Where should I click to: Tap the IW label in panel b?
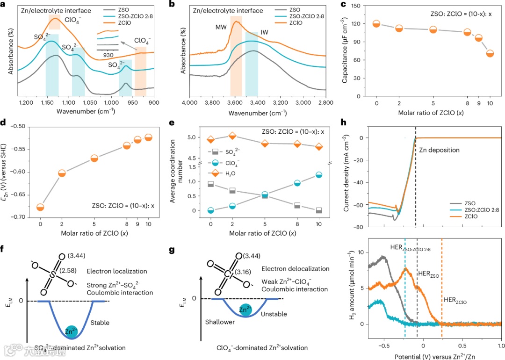point(264,34)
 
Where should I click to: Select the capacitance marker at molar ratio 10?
point(490,53)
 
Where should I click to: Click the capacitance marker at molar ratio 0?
point(376,24)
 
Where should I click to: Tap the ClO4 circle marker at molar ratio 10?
point(319,175)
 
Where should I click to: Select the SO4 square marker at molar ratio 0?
point(210,184)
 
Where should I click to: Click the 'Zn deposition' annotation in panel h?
point(440,150)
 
